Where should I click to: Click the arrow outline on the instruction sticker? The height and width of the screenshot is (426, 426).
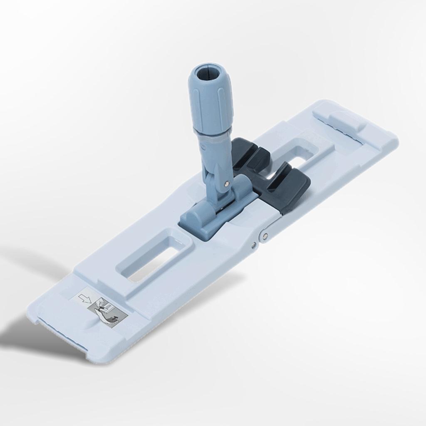click(x=85, y=298)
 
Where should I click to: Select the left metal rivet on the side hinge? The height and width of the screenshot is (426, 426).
click(x=253, y=245)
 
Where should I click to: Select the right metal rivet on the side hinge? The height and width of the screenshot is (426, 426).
click(x=265, y=236)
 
